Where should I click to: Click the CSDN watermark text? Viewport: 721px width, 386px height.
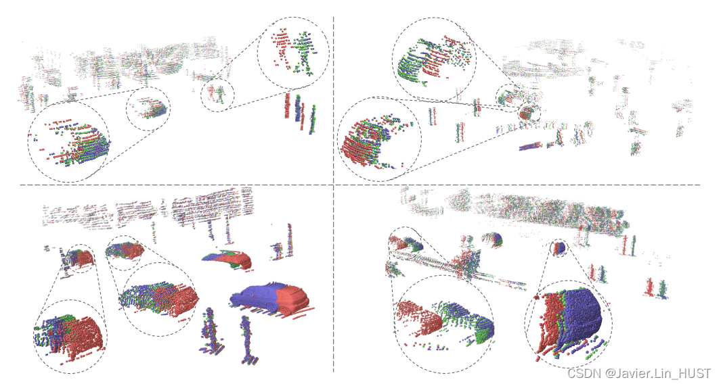(639, 373)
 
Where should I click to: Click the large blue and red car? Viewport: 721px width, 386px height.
(269, 297)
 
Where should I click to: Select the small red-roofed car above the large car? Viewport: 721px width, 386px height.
(227, 259)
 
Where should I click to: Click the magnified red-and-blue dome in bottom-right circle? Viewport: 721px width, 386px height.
(570, 321)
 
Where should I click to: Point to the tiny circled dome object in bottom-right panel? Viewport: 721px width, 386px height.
(559, 248)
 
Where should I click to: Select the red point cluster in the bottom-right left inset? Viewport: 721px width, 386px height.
(418, 316)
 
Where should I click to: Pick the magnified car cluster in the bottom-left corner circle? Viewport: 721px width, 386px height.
(70, 335)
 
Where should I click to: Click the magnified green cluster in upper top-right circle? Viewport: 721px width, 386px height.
(433, 57)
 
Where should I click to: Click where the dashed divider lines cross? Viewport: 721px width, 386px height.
(334, 185)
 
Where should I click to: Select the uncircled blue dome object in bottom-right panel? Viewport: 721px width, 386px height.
(492, 240)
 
